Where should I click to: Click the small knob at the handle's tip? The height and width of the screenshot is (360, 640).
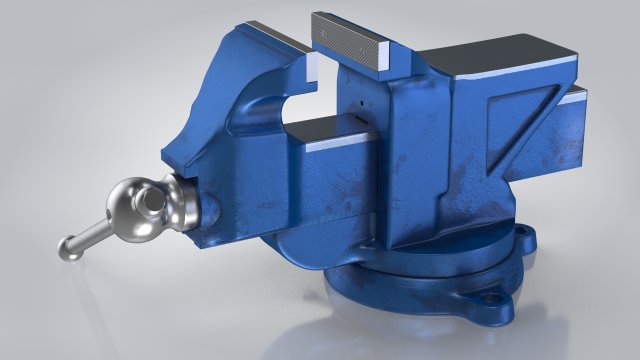click(68, 246)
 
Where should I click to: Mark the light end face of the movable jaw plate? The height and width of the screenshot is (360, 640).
click(311, 67)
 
